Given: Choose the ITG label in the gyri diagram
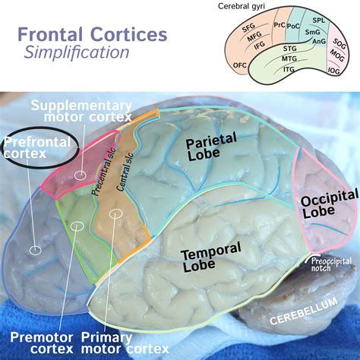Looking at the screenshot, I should (289, 68).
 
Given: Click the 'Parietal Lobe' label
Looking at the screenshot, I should (211, 145).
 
